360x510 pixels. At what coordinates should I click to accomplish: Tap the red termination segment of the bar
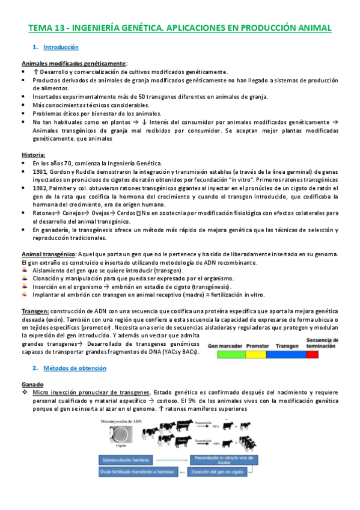pyautogui.click(x=312, y=354)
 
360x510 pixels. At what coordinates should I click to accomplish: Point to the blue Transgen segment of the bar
pyautogui.click(x=285, y=354)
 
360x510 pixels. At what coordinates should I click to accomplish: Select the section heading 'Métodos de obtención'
pyautogui.click(x=76, y=367)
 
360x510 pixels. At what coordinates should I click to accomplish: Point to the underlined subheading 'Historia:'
pyautogui.click(x=33, y=155)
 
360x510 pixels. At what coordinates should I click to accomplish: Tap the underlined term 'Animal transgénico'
pyautogui.click(x=47, y=254)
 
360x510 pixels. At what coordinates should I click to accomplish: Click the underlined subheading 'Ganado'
pyautogui.click(x=32, y=382)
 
